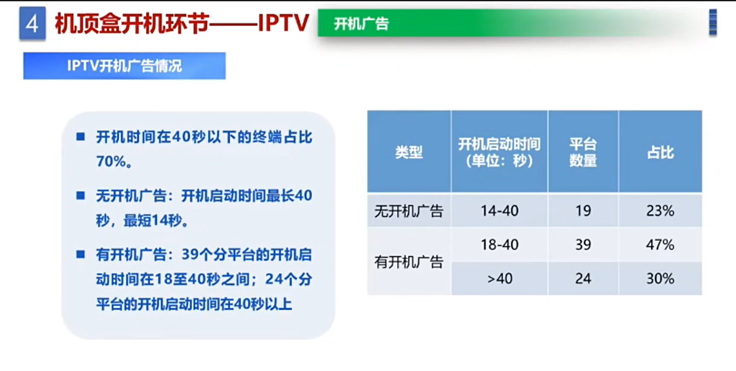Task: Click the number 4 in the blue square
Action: point(32,24)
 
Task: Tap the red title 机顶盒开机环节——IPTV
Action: point(182,24)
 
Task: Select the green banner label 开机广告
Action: point(361,24)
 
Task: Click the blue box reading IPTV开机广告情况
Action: point(124,66)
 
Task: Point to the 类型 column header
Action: point(409,152)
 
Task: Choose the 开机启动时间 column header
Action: point(499,152)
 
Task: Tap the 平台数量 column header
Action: point(583,152)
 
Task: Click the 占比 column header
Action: point(660,152)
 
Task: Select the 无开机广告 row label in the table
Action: point(409,211)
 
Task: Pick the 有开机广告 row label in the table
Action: point(409,262)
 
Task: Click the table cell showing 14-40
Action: point(499,211)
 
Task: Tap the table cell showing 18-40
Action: point(499,245)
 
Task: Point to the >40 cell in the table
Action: point(499,279)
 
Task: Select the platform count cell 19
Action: point(583,211)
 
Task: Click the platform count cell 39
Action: point(583,245)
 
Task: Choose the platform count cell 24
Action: point(583,279)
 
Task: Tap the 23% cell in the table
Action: point(660,211)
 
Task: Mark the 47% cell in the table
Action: point(660,245)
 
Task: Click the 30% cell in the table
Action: point(660,279)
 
